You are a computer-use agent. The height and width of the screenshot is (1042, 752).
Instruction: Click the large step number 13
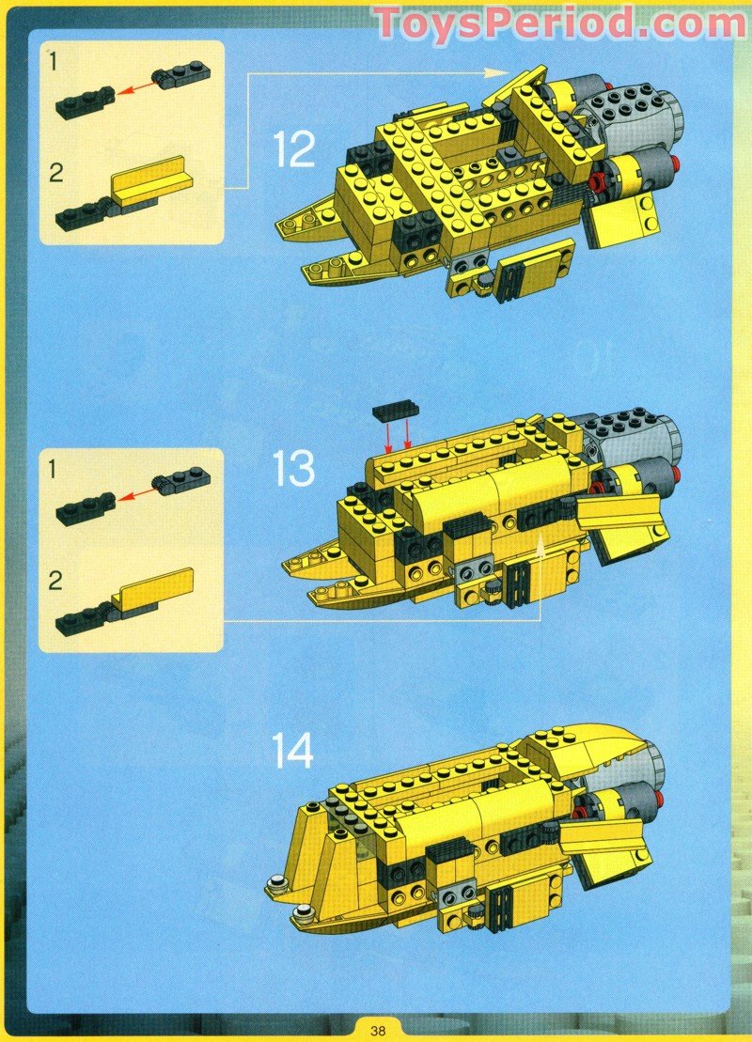pyautogui.click(x=294, y=468)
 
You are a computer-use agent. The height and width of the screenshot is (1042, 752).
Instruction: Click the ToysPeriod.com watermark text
pyautogui.click(x=560, y=22)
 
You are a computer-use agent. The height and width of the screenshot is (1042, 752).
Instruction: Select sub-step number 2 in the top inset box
pyautogui.click(x=55, y=173)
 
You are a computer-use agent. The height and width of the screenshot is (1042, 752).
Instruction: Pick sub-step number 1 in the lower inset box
pyautogui.click(x=54, y=470)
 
